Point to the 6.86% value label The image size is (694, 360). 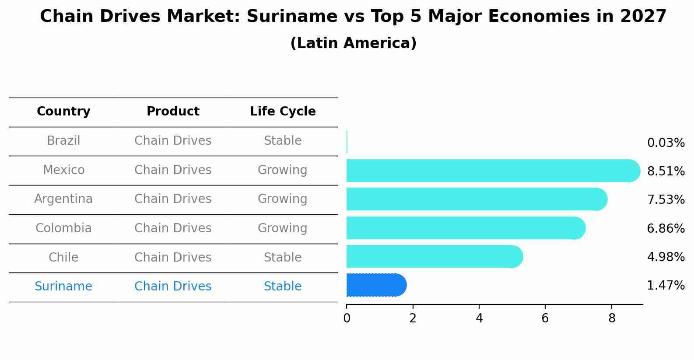pyautogui.click(x=666, y=228)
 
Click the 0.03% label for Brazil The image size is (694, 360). pyautogui.click(x=666, y=143)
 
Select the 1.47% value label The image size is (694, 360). pyautogui.click(x=666, y=286)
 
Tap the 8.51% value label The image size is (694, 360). pyautogui.click(x=666, y=171)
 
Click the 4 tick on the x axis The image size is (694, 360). pyautogui.click(x=479, y=318)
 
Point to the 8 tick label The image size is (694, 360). pyautogui.click(x=612, y=318)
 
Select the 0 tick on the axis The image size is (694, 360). pyautogui.click(x=347, y=318)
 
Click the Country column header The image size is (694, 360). pyautogui.click(x=63, y=112)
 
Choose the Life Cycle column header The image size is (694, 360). pyautogui.click(x=283, y=112)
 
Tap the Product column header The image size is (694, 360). pyautogui.click(x=173, y=112)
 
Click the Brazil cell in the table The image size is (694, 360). pyautogui.click(x=63, y=141)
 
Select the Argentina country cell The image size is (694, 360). pyautogui.click(x=63, y=199)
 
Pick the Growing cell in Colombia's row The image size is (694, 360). pyautogui.click(x=282, y=228)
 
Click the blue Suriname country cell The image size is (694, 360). pyautogui.click(x=63, y=287)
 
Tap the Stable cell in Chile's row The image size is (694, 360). pyautogui.click(x=282, y=258)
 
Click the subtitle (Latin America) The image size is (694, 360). pyautogui.click(x=353, y=43)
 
